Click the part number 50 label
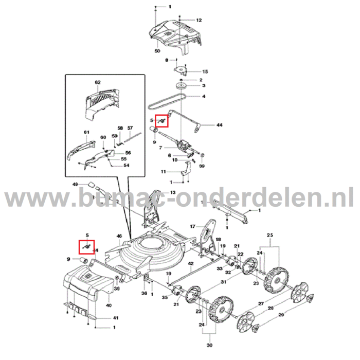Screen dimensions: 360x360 click(x=157, y=51)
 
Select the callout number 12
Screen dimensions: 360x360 click(x=199, y=20)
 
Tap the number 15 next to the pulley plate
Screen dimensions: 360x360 click(x=204, y=71)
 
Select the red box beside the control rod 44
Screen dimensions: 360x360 click(x=162, y=120)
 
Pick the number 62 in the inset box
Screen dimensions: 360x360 click(x=98, y=82)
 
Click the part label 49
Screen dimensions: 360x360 click(x=75, y=184)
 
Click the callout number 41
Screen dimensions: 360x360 click(x=115, y=318)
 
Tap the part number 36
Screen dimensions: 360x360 click(x=144, y=293)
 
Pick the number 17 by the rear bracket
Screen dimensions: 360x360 click(x=192, y=226)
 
